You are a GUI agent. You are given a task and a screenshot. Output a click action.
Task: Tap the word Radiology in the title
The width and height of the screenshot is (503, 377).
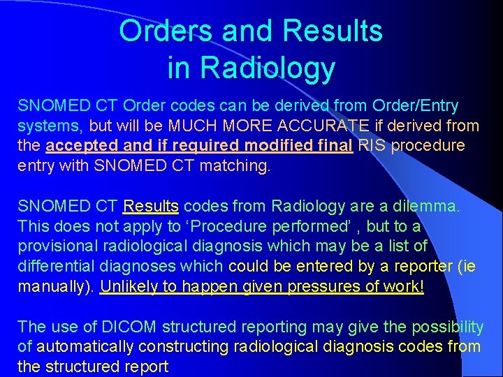click(268, 68)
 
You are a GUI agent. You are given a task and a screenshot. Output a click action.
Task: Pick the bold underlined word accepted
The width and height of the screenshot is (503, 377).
click(79, 146)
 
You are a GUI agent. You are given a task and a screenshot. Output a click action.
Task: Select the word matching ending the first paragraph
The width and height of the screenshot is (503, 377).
click(235, 166)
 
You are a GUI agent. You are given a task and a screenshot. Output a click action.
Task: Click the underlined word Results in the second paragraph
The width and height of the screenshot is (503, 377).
click(151, 206)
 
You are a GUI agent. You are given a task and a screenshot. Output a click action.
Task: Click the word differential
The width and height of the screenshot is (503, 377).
click(55, 266)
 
